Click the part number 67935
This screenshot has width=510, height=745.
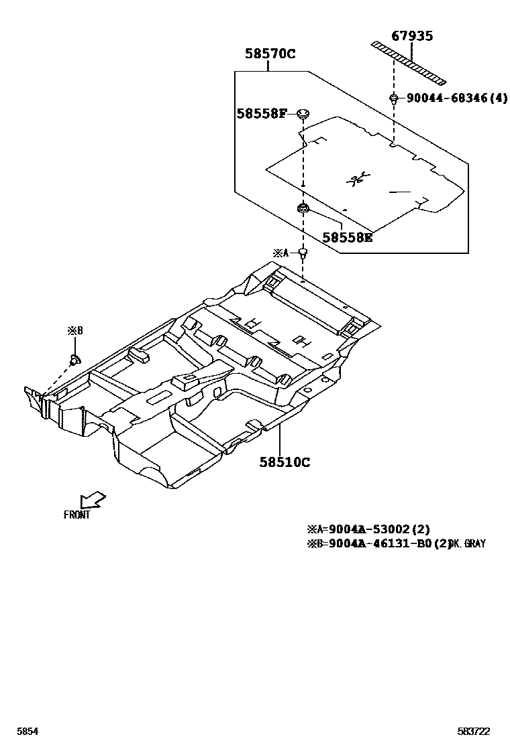pos(412,36)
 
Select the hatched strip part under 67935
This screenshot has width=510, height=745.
pos(409,64)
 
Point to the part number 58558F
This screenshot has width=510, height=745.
pos(262,114)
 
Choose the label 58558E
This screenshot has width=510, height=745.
pos(347,236)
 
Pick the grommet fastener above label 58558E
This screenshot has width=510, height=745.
pos(303,210)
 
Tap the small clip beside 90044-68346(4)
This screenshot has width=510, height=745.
pos(394,99)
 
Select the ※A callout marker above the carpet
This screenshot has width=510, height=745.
pos(280,253)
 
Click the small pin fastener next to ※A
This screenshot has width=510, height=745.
pos(303,253)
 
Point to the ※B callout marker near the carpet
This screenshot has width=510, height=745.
pos(74,330)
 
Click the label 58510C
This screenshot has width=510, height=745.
pos(285,462)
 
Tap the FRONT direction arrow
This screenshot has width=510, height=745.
pos(91,500)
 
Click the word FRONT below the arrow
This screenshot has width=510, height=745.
pos(76,515)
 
